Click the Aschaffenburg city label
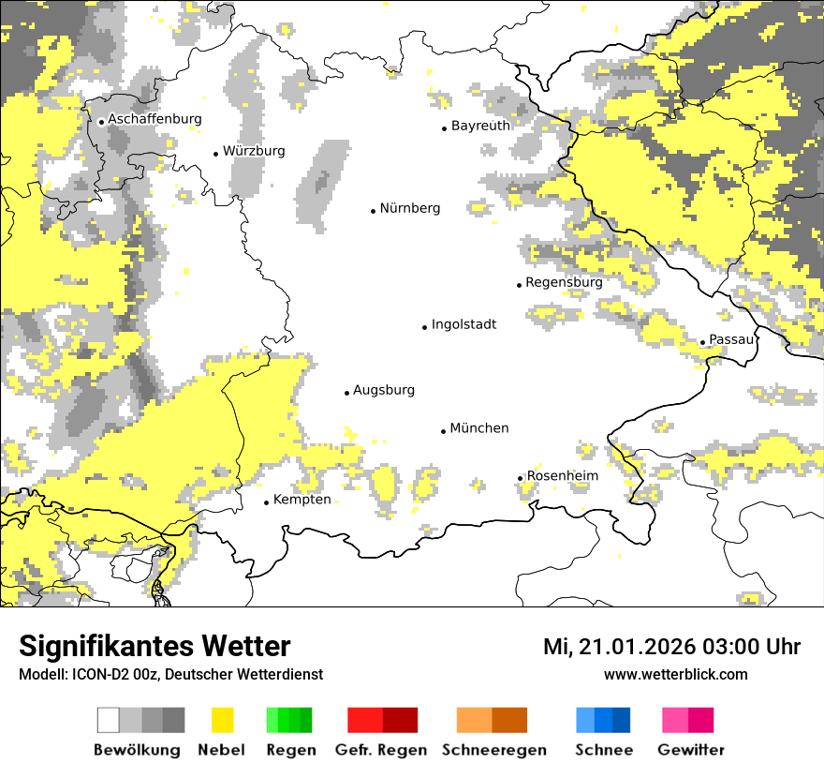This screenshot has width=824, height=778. (x=154, y=119)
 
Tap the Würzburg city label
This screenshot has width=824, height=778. (x=254, y=151)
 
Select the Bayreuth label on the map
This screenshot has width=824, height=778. (x=480, y=126)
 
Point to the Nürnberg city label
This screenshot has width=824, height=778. (x=409, y=208)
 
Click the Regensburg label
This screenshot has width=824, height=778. (x=564, y=282)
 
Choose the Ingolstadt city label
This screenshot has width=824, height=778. (x=463, y=325)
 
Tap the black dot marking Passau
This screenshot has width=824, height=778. (x=702, y=342)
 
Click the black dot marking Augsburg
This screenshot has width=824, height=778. (x=346, y=393)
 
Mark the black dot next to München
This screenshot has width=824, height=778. (x=443, y=431)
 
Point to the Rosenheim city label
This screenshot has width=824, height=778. (x=562, y=476)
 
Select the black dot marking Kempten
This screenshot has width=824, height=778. (x=266, y=502)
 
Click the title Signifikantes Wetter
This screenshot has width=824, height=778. (x=154, y=647)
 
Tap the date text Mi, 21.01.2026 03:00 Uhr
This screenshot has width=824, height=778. (x=671, y=648)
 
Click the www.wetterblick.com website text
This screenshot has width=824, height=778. (x=675, y=674)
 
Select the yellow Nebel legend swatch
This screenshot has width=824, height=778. (x=222, y=720)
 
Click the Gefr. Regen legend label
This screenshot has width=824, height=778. (x=381, y=750)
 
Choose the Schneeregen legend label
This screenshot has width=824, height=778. (x=493, y=750)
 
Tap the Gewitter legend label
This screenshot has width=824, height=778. (x=690, y=750)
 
